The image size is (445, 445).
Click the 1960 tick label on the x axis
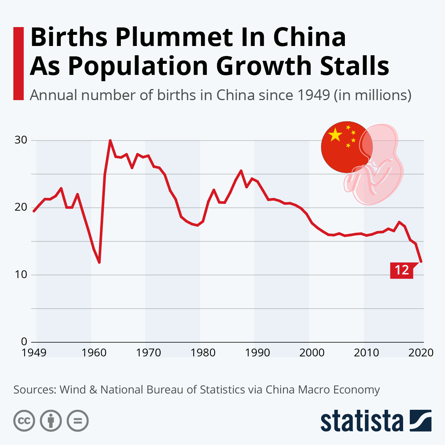[x=94, y=352]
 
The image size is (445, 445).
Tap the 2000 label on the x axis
[x=312, y=352]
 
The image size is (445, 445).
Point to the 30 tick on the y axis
[x=21, y=140]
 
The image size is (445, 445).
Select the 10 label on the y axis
[x=21, y=274]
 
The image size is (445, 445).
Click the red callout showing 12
[x=402, y=270]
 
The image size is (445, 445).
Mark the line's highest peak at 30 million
[x=110, y=141]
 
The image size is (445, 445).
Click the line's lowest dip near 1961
[x=99, y=262]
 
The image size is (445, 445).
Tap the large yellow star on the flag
[x=335, y=135]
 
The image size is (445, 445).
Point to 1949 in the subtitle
[x=313, y=95]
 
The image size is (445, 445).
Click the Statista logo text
[x=362, y=421]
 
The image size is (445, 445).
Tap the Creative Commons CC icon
[x=24, y=421]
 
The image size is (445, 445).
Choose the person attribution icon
[x=51, y=421]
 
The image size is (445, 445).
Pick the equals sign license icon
[x=78, y=421]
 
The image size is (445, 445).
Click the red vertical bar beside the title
[x=18, y=63]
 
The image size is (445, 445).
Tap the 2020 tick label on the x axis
[x=421, y=352]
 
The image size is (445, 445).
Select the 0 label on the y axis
[x=24, y=342]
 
